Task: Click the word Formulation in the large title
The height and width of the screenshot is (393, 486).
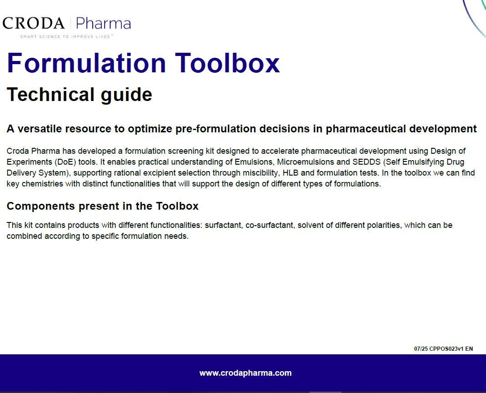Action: [86, 63]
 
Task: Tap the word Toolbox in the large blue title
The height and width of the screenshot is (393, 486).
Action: [227, 63]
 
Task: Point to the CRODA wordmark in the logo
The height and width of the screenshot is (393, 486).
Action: [34, 23]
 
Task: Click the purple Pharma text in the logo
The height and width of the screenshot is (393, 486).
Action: [103, 23]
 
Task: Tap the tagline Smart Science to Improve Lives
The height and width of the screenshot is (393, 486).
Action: [66, 37]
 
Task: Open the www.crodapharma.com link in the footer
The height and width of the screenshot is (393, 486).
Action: [246, 373]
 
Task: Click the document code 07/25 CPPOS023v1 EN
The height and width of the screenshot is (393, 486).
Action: [443, 349]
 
